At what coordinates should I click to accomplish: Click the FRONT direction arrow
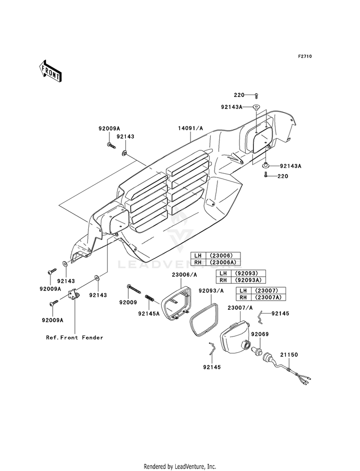[x=50, y=71]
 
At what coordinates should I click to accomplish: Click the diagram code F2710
[x=305, y=56]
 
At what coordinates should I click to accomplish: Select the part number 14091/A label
[x=191, y=128]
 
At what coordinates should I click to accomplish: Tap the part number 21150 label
[x=289, y=355]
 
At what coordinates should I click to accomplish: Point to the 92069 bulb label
[x=260, y=334]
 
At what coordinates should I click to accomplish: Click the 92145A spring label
[x=149, y=314]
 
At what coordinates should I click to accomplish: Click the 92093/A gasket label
[x=211, y=291]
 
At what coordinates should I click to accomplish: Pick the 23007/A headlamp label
[x=240, y=308]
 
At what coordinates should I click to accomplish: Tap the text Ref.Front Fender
[x=74, y=338]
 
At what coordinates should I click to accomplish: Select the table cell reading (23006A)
[x=223, y=263]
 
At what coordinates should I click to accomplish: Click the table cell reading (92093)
[x=247, y=273]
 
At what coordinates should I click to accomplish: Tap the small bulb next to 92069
[x=257, y=350]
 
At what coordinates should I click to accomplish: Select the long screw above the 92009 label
[x=134, y=289]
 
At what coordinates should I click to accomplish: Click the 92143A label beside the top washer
[x=231, y=107]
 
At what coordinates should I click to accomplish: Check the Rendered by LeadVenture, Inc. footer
[x=180, y=467]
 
